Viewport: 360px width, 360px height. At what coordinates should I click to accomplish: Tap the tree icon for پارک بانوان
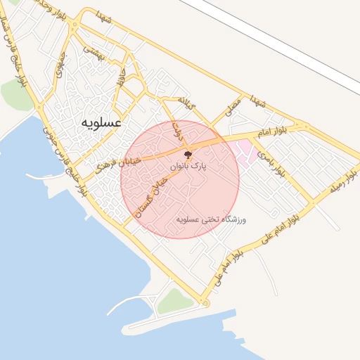coord(188,155)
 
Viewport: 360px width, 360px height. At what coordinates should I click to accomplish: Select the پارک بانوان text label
coord(189,167)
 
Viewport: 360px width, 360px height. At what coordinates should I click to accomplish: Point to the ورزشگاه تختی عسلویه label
coord(214,219)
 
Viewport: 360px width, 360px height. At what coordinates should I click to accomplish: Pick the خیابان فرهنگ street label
coord(117,166)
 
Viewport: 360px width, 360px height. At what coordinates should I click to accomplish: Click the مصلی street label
coord(232,107)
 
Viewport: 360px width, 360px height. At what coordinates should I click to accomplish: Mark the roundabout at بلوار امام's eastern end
coord(304,127)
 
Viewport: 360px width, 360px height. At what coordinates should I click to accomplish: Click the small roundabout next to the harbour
coord(205,303)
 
